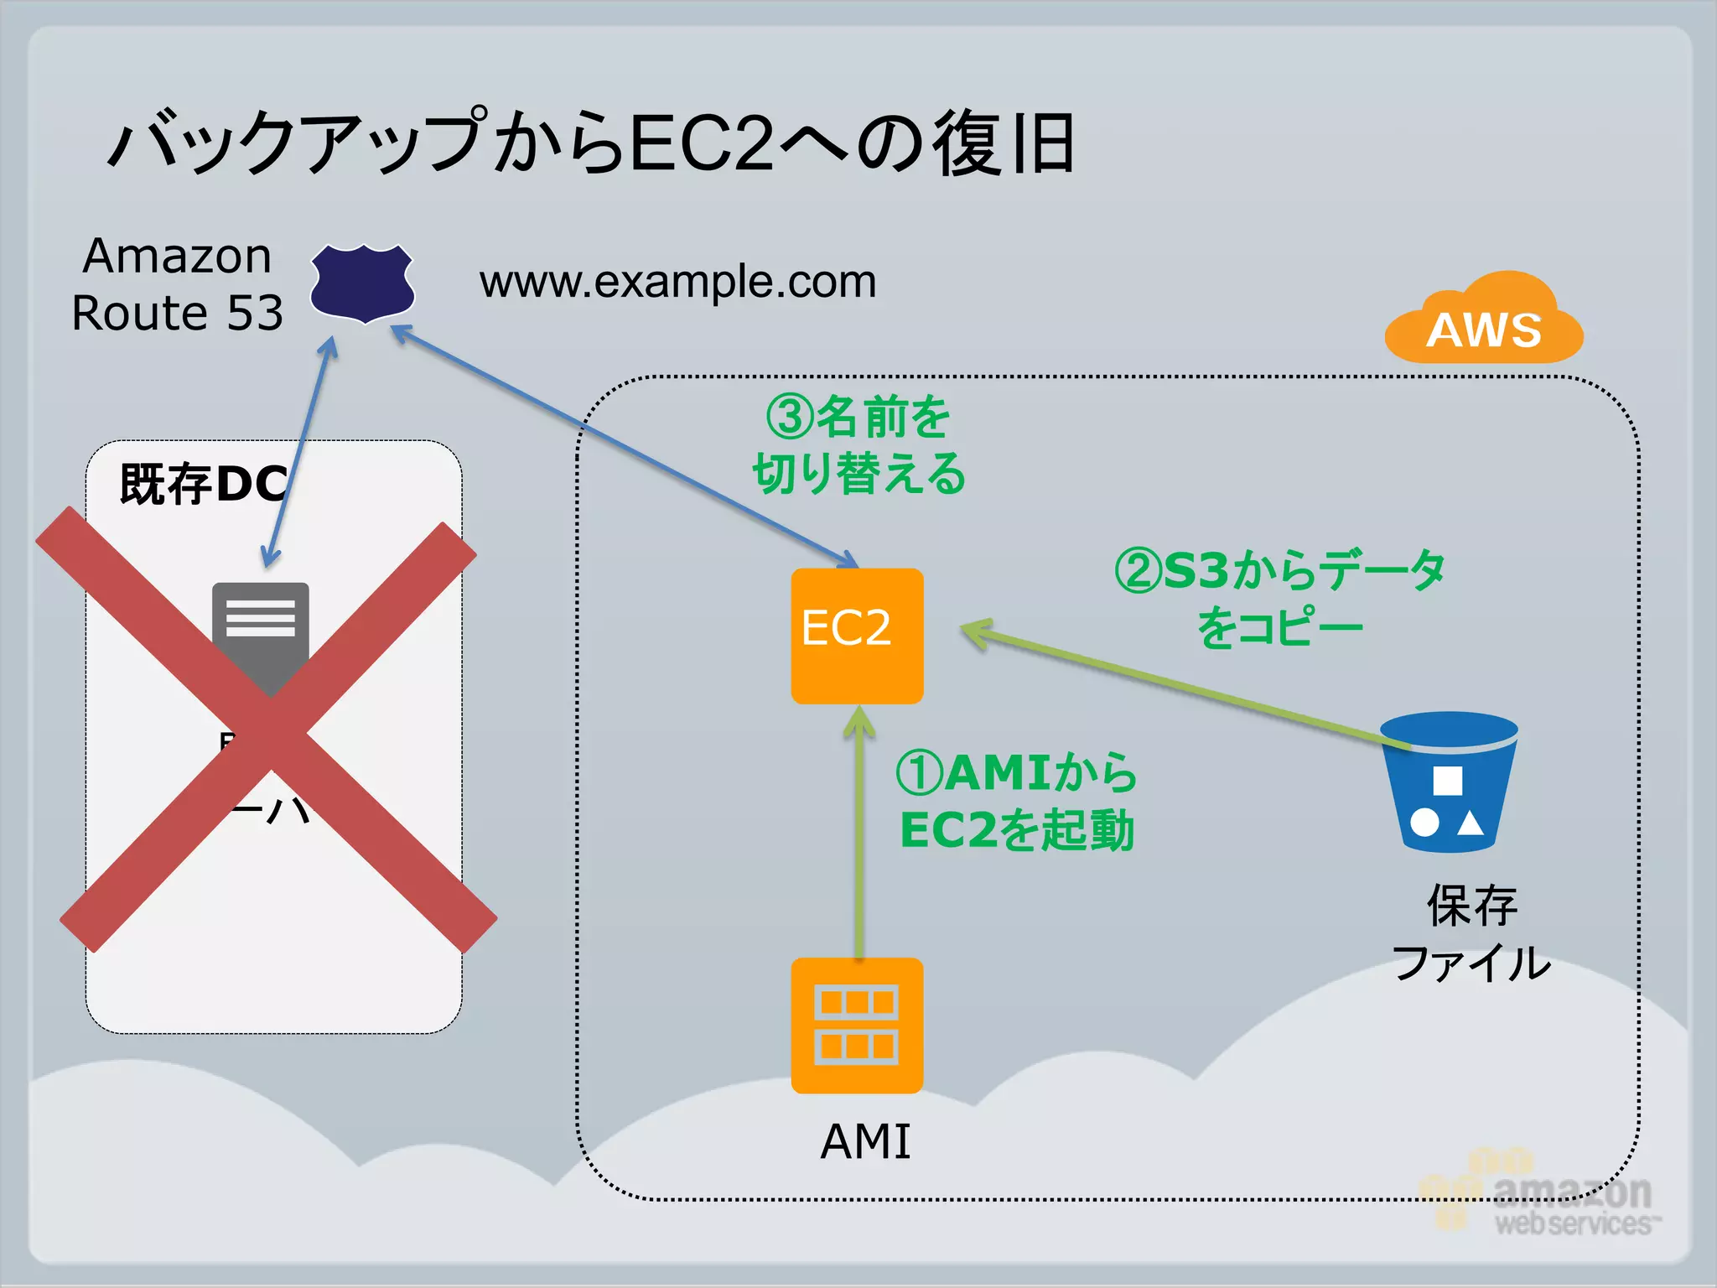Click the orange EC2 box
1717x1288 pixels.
coord(857,636)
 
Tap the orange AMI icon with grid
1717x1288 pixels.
coord(857,1025)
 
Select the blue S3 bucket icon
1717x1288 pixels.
coord(1449,782)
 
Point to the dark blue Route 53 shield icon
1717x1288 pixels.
coord(362,283)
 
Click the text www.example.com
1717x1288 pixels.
coord(677,282)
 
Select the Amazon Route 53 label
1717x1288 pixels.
coord(177,284)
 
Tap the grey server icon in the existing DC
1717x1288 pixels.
coord(260,625)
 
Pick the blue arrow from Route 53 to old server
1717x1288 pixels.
coord(298,453)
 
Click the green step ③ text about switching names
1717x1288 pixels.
coord(858,445)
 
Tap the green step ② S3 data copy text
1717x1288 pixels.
coord(1279,599)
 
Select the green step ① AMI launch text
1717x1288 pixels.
coord(1016,802)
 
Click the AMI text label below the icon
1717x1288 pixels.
coord(865,1141)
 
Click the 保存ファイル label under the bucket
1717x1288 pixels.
coord(1471,933)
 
